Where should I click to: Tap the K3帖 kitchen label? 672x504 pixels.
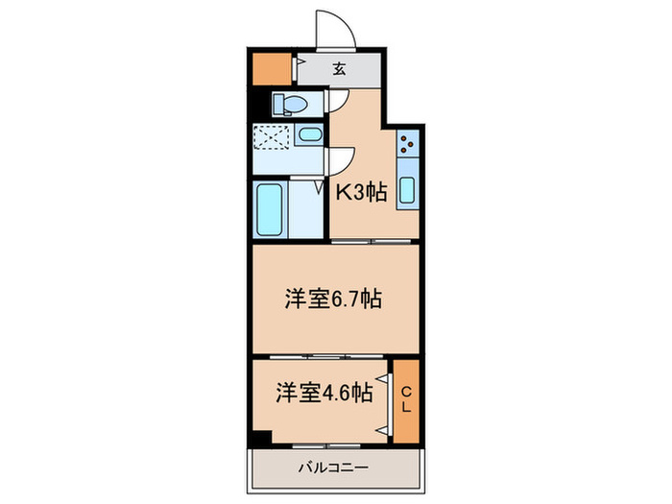click(x=360, y=192)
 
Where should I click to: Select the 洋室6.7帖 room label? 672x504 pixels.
click(x=334, y=299)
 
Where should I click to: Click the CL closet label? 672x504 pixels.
click(x=406, y=399)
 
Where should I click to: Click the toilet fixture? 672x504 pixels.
click(x=289, y=105)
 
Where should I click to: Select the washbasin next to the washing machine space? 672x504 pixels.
click(x=308, y=136)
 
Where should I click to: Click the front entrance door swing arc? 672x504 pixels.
click(x=336, y=30)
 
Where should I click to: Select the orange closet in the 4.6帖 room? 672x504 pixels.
click(x=406, y=400)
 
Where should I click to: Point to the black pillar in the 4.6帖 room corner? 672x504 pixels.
click(x=259, y=438)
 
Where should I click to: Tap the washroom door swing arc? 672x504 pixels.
click(x=342, y=160)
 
